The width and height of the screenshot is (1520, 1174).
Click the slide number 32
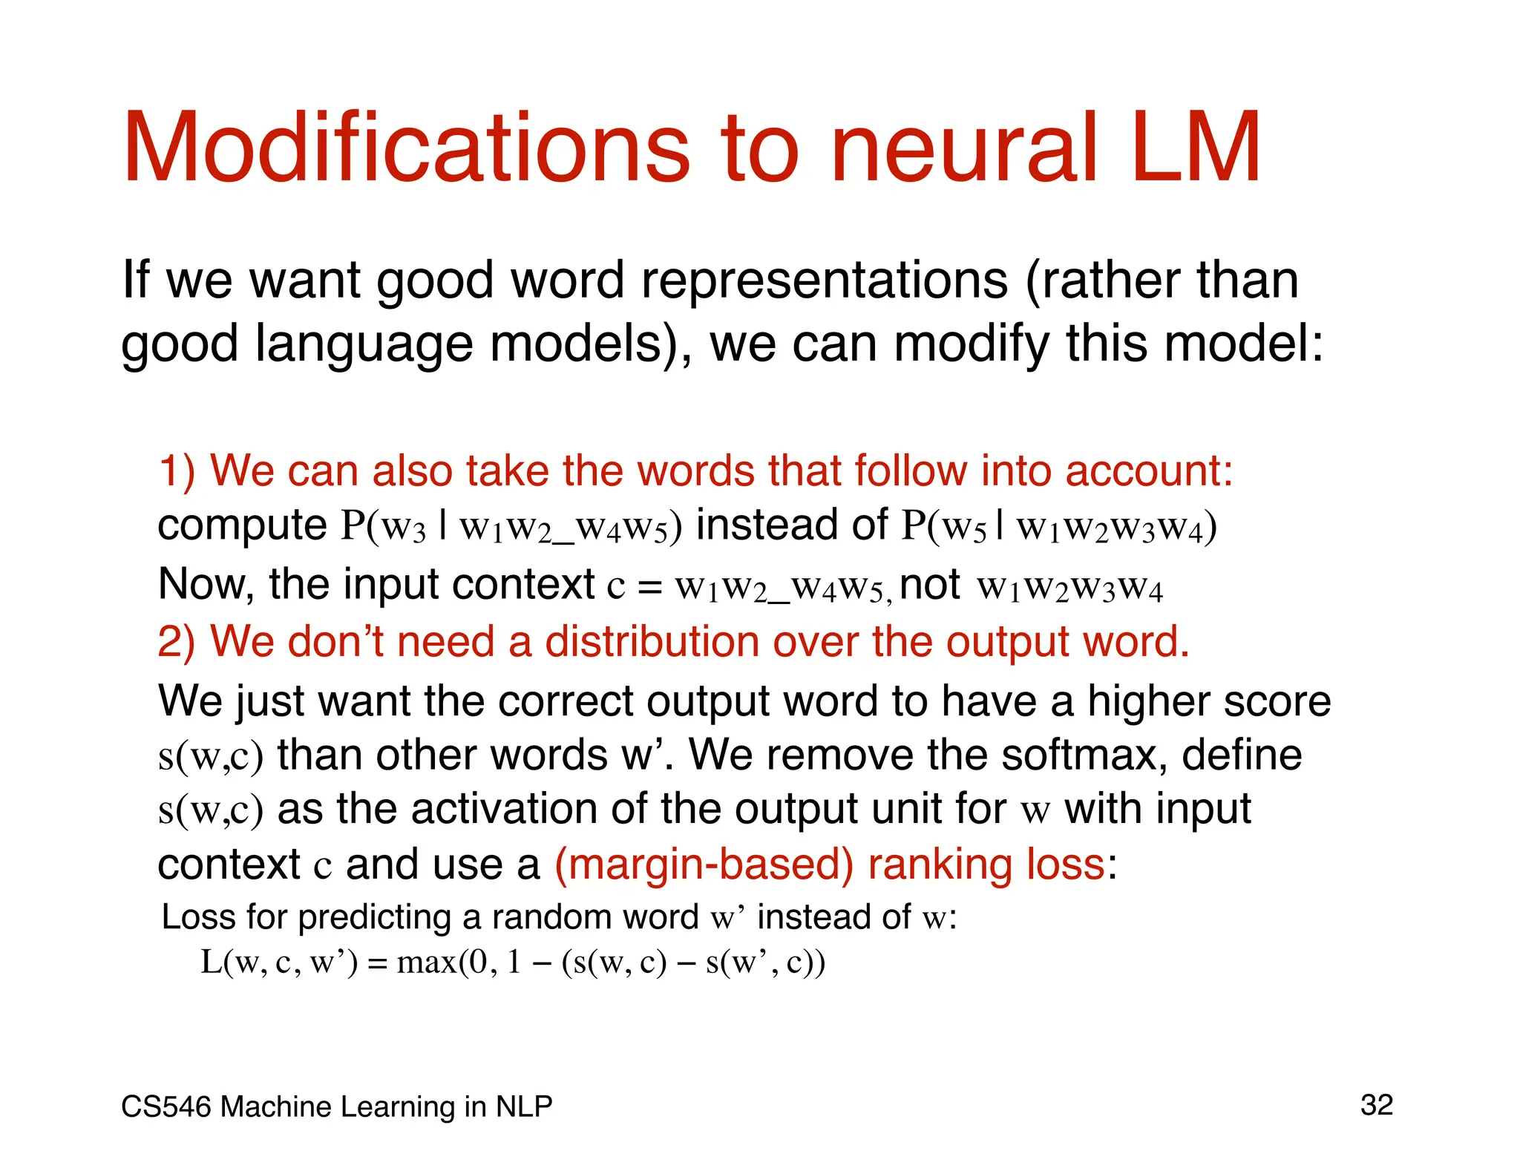1377,1105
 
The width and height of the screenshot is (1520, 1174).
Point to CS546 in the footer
167,1106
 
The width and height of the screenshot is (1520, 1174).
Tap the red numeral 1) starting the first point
177,471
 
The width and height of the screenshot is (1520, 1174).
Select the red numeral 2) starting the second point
177,642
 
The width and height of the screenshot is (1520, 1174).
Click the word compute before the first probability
242,526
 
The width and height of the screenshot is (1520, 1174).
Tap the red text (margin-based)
704,865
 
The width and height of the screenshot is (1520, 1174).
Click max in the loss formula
427,963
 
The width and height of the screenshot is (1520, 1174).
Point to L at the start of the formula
211,963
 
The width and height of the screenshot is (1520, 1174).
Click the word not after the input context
930,585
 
